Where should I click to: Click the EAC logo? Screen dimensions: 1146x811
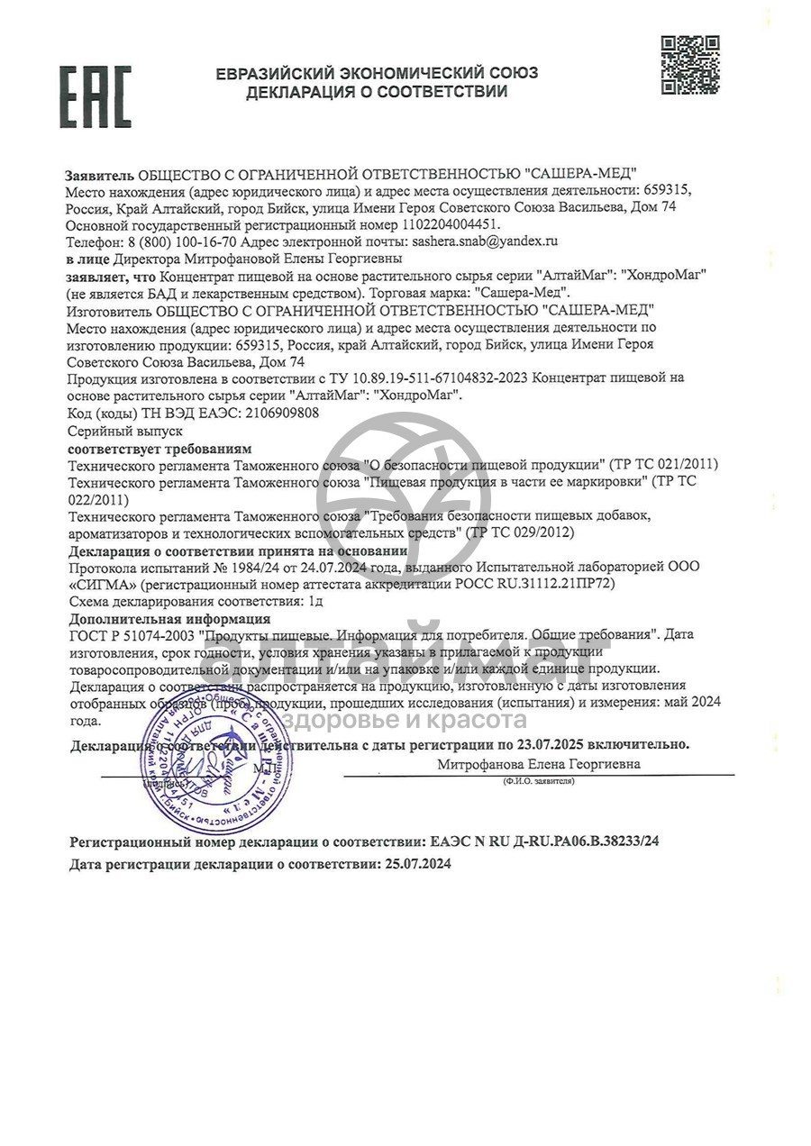click(x=96, y=96)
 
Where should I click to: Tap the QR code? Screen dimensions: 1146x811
click(x=690, y=64)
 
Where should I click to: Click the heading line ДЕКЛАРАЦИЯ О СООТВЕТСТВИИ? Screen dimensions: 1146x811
click(x=377, y=92)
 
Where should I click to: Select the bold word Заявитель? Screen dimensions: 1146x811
click(x=99, y=174)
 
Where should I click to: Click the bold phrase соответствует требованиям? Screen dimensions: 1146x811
click(x=160, y=448)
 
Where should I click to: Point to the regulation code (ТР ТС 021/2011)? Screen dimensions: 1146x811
click(x=664, y=465)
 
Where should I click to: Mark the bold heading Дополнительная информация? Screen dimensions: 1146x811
click(x=169, y=619)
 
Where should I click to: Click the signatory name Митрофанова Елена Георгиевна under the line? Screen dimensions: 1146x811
click(x=539, y=764)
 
